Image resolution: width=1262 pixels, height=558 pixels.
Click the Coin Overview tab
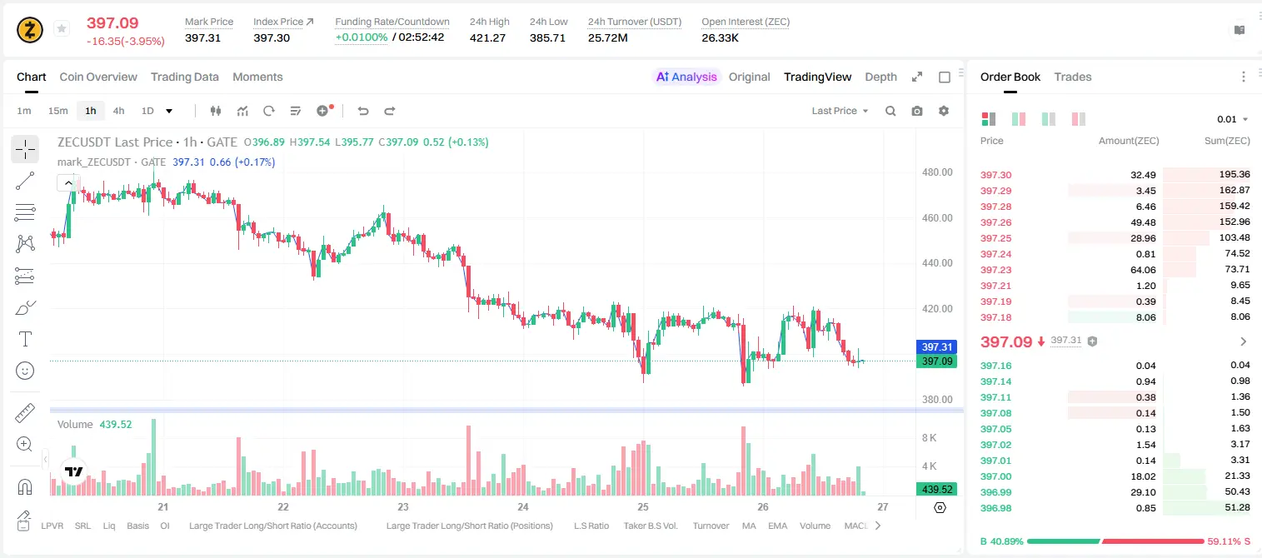[x=98, y=77]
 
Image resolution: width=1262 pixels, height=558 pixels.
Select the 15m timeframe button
[x=58, y=111]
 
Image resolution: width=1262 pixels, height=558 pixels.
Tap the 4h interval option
[x=118, y=111]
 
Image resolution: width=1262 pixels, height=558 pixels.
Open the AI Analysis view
[x=686, y=77]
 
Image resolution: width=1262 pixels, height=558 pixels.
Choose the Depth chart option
[x=880, y=77]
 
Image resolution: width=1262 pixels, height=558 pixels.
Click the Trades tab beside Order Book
[x=1073, y=77]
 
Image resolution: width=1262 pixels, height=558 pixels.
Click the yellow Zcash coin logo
[x=30, y=30]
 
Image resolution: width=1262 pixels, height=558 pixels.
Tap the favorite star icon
[x=62, y=28]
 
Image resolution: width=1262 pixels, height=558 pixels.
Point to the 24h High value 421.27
[x=488, y=37]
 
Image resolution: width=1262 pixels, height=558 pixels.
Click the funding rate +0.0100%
[x=362, y=37]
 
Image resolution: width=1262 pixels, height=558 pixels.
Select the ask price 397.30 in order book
[x=995, y=175]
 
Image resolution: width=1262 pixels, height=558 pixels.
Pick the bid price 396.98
[x=995, y=508]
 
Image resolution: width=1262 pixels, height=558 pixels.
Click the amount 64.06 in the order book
[x=1143, y=271]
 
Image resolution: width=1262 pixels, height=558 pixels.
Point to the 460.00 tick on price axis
[x=937, y=218]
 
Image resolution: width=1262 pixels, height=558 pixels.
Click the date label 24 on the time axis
[x=523, y=506]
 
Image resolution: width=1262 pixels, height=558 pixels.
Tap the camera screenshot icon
[x=917, y=111]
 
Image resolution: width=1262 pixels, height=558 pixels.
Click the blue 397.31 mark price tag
[x=937, y=346]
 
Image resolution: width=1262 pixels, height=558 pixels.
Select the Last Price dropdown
[x=840, y=111]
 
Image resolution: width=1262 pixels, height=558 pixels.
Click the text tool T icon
[x=25, y=339]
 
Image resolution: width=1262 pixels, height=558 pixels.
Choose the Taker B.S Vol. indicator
[x=650, y=526]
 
